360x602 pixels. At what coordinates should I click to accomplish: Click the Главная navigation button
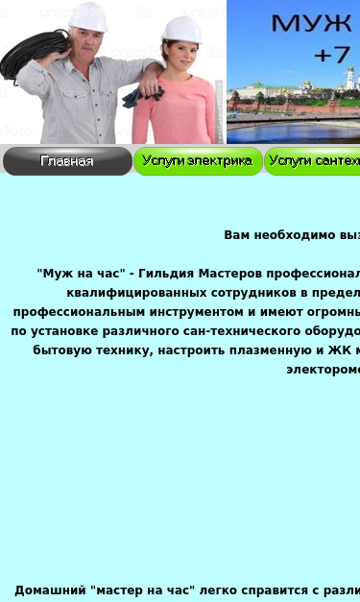pyautogui.click(x=67, y=161)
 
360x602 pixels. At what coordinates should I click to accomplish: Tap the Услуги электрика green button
pyautogui.click(x=198, y=161)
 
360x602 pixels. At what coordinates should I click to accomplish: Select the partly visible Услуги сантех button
pyautogui.click(x=313, y=161)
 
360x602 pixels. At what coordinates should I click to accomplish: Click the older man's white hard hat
pyautogui.click(x=87, y=15)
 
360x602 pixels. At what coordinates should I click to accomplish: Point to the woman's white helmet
pyautogui.click(x=181, y=29)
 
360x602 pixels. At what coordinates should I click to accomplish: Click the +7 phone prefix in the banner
pyautogui.click(x=332, y=56)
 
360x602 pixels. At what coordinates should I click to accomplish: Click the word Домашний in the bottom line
pyautogui.click(x=50, y=590)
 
